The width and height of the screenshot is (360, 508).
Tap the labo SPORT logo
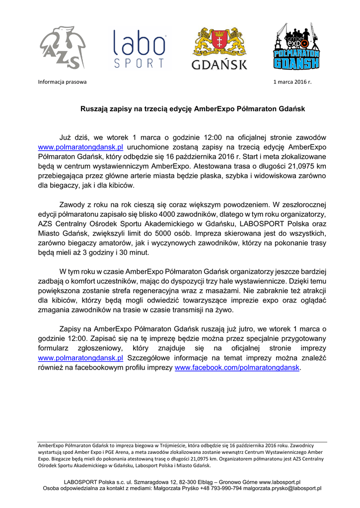[x=139, y=49]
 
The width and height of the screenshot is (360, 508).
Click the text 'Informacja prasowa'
[x=62, y=82]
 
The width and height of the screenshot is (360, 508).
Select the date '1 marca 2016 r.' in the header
[x=292, y=82]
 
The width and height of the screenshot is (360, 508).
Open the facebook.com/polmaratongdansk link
[x=238, y=368]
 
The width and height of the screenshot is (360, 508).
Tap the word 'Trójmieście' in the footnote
[x=160, y=445]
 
